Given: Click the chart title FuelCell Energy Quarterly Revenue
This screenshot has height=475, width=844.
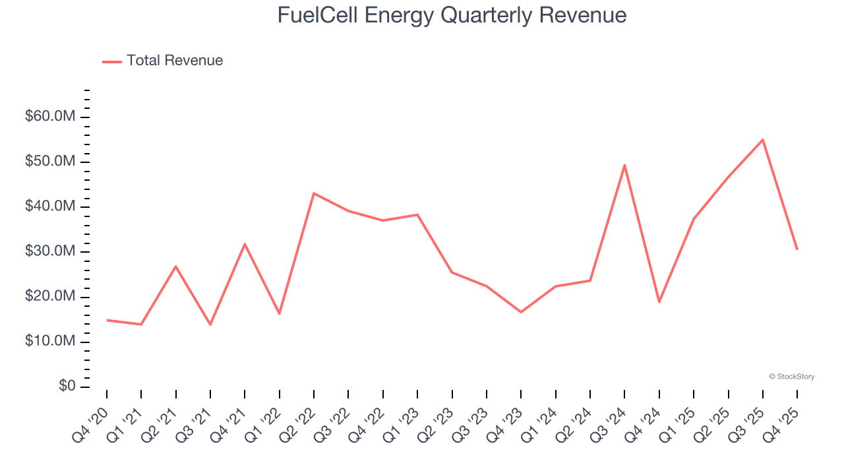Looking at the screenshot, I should [x=452, y=15].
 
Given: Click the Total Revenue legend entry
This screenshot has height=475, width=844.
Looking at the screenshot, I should [x=163, y=61].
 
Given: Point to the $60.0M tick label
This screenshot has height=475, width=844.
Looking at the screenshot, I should [x=50, y=117].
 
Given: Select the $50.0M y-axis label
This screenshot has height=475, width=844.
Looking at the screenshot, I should [x=50, y=162].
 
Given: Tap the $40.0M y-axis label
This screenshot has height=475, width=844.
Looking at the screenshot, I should [x=50, y=206].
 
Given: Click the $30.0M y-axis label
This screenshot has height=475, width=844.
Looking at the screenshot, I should [x=50, y=251].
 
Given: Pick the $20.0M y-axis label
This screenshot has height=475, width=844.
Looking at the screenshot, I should [x=50, y=296].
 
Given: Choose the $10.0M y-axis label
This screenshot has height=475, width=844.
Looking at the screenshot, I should [x=50, y=341].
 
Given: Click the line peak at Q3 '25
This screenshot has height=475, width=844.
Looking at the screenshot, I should [x=762, y=139].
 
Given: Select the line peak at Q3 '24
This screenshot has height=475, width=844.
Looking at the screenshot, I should [x=624, y=165].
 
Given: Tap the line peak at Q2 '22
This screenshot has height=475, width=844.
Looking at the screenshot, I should [x=314, y=193].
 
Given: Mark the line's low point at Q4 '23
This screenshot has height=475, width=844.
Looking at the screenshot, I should [x=521, y=312].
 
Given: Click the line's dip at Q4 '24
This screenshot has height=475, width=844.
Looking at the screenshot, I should [x=659, y=302].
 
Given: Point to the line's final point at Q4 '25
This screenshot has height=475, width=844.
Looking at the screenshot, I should [x=797, y=249].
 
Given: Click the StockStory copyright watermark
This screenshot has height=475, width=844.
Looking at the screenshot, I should [x=791, y=377].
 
